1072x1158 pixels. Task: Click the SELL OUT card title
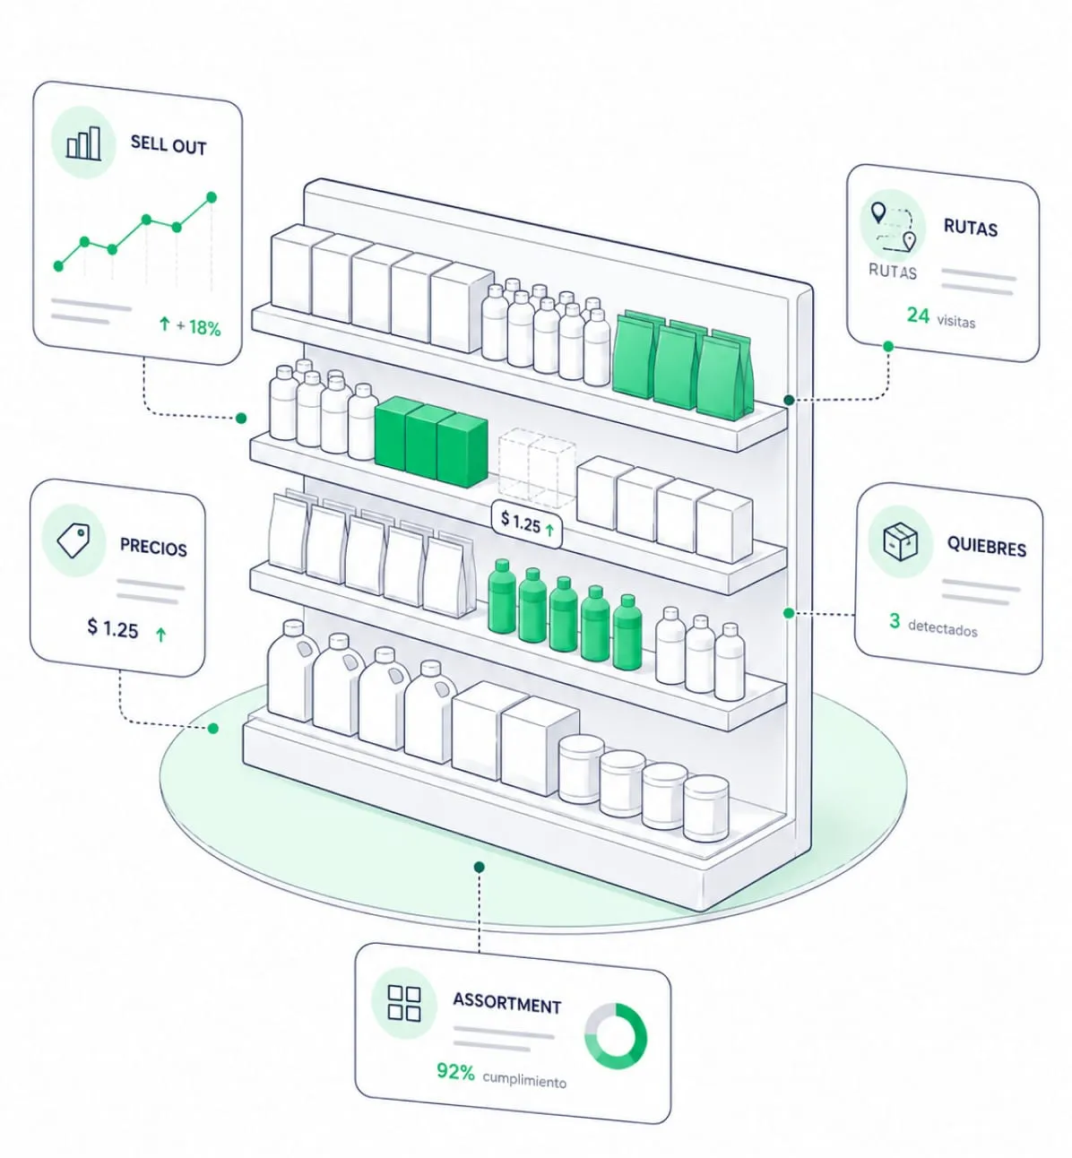[169, 144]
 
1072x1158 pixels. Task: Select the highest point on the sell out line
[212, 197]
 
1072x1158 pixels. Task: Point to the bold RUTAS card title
[971, 228]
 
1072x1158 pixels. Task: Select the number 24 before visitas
[918, 315]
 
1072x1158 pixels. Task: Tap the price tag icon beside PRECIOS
[73, 540]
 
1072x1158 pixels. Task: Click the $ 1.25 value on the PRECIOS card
[113, 628]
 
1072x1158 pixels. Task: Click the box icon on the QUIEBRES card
[901, 541]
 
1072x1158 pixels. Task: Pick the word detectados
[943, 628]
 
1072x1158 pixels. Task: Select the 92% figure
[455, 1072]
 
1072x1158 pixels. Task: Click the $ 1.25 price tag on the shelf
[527, 523]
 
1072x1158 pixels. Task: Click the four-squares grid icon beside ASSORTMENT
[404, 1003]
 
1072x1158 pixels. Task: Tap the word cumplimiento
[524, 1079]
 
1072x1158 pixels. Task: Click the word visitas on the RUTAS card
[956, 321]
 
